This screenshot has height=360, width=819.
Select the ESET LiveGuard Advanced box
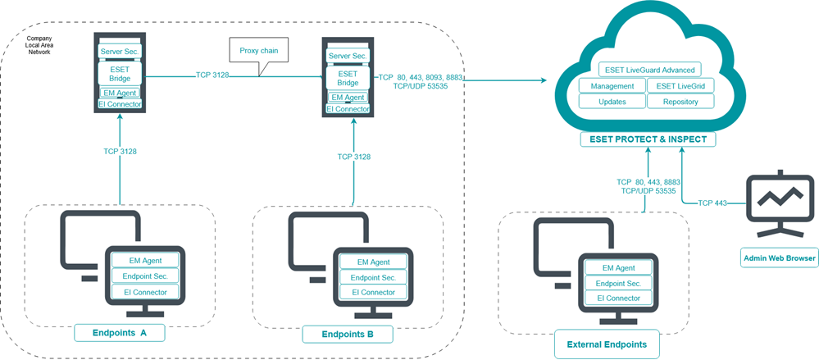pos(648,70)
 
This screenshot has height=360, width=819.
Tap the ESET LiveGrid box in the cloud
pos(680,86)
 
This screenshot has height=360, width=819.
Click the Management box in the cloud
pos(612,86)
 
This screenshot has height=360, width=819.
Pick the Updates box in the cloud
pos(612,102)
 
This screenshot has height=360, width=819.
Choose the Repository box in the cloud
pos(680,102)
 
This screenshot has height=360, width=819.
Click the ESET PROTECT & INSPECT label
pos(648,139)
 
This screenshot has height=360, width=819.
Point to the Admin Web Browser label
pos(779,258)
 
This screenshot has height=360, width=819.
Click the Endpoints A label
pos(121,333)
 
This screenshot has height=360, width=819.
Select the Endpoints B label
pos(348,334)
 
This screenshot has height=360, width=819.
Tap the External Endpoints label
pos(606,344)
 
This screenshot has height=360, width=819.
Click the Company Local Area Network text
pos(39,45)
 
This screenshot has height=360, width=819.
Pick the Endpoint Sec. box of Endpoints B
pos(368,277)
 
